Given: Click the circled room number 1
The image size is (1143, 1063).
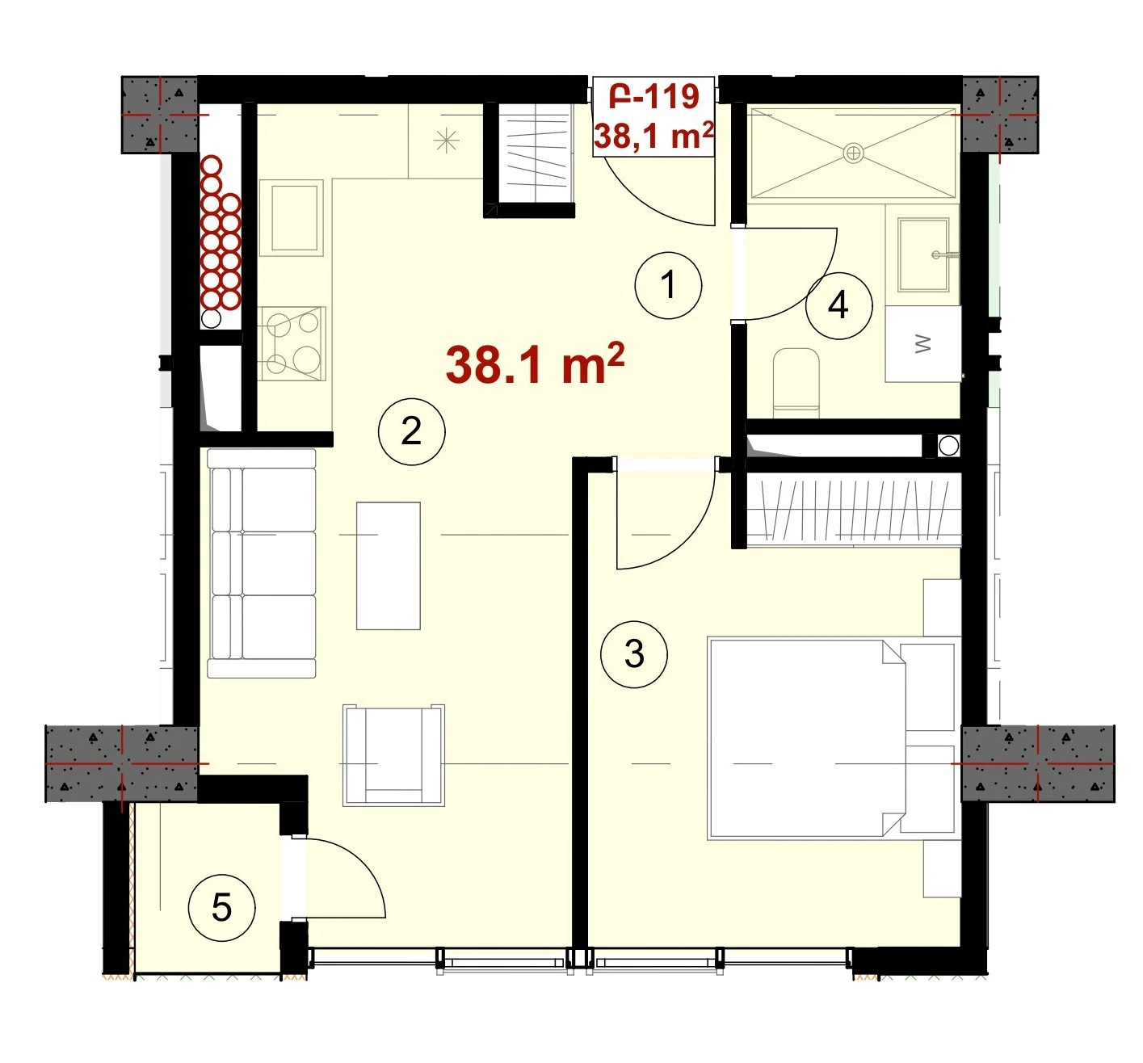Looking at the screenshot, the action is coord(667,285).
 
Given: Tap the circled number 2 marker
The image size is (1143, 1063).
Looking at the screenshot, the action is coord(411,431).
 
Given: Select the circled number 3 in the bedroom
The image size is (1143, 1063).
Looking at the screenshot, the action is coord(633,653).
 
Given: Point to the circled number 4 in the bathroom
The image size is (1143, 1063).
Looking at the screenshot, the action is coord(838,305).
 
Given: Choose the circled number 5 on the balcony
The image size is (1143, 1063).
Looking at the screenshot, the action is coord(221,908).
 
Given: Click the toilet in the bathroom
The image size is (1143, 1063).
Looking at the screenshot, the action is coord(796,382).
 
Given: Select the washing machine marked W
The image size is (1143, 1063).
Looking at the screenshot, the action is coord(922,343).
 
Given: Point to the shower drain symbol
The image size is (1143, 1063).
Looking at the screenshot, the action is coord(853,153).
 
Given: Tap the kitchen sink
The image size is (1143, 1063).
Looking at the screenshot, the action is coord(292,217).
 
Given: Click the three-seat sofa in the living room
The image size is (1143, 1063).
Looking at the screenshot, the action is coord(261,564).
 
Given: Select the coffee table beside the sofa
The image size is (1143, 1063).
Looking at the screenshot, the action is coord(388,565).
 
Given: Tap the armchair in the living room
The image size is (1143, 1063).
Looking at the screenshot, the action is coord(393,754).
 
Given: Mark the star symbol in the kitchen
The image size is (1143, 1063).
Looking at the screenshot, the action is coord(447,141).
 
